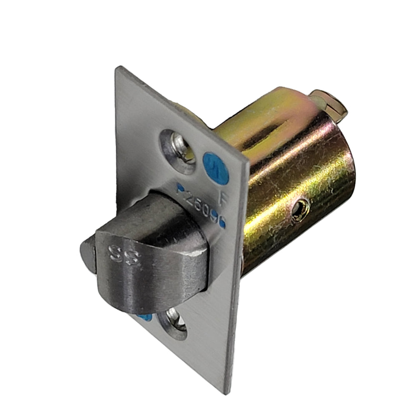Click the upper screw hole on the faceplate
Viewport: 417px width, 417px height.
point(178,151)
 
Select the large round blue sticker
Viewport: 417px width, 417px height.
point(216,168)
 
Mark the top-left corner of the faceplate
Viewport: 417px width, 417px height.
point(118,68)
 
